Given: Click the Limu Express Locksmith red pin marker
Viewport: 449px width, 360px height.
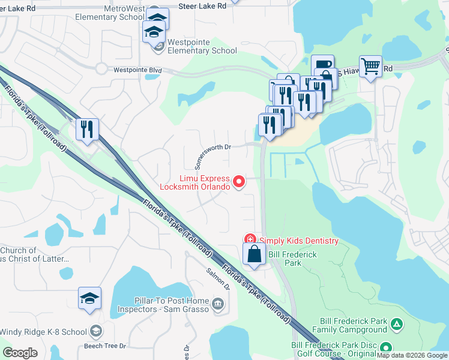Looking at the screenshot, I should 239,181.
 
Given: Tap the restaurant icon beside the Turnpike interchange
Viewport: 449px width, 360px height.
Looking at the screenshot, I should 87,129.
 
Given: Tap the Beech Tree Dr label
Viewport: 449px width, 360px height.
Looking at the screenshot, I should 105,346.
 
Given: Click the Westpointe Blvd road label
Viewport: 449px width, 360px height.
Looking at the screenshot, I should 138,70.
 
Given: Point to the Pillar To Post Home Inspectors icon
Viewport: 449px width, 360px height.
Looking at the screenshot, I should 217,304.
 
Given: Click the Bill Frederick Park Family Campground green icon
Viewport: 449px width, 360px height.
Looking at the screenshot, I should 396,325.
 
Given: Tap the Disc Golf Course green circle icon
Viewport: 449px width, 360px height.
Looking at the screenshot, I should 385,348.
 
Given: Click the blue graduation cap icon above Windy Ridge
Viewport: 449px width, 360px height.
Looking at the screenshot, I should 89,298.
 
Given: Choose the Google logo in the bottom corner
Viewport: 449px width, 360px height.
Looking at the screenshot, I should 20,352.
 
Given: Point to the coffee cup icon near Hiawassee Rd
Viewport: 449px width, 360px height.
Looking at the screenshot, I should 322,64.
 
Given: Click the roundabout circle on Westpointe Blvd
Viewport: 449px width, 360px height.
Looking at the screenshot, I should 100,68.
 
